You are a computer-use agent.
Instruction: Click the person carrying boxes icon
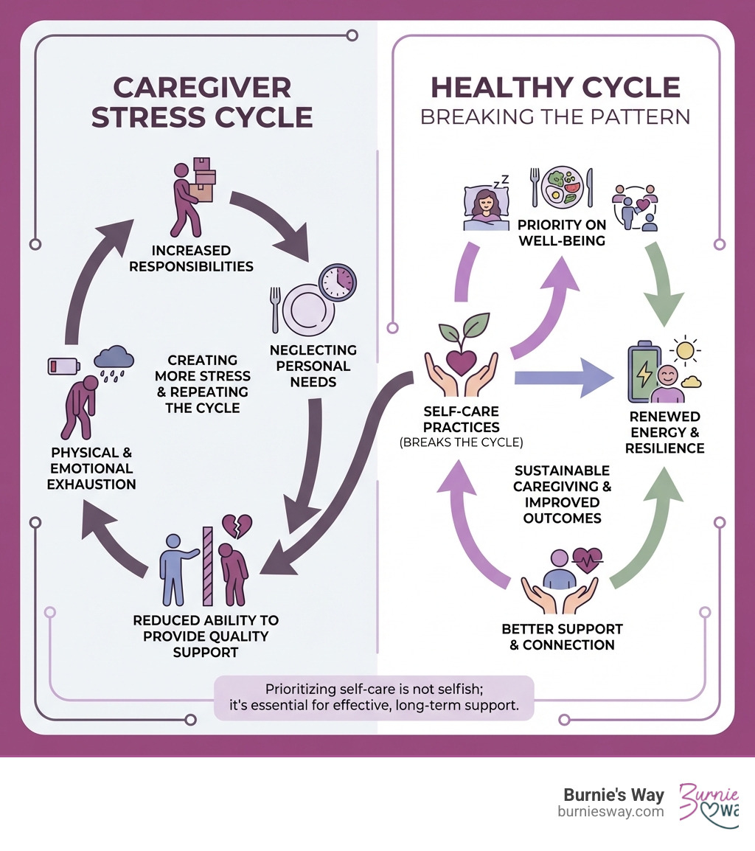tap(192, 196)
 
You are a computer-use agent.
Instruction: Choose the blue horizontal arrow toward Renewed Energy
tap(563, 378)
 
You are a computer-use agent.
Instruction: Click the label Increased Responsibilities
tap(192, 259)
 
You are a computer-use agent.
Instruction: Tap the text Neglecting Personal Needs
tap(313, 366)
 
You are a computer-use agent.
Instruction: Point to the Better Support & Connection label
tap(562, 637)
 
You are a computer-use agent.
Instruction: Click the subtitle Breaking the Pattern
tap(555, 118)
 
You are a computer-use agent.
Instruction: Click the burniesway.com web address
tap(610, 811)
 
